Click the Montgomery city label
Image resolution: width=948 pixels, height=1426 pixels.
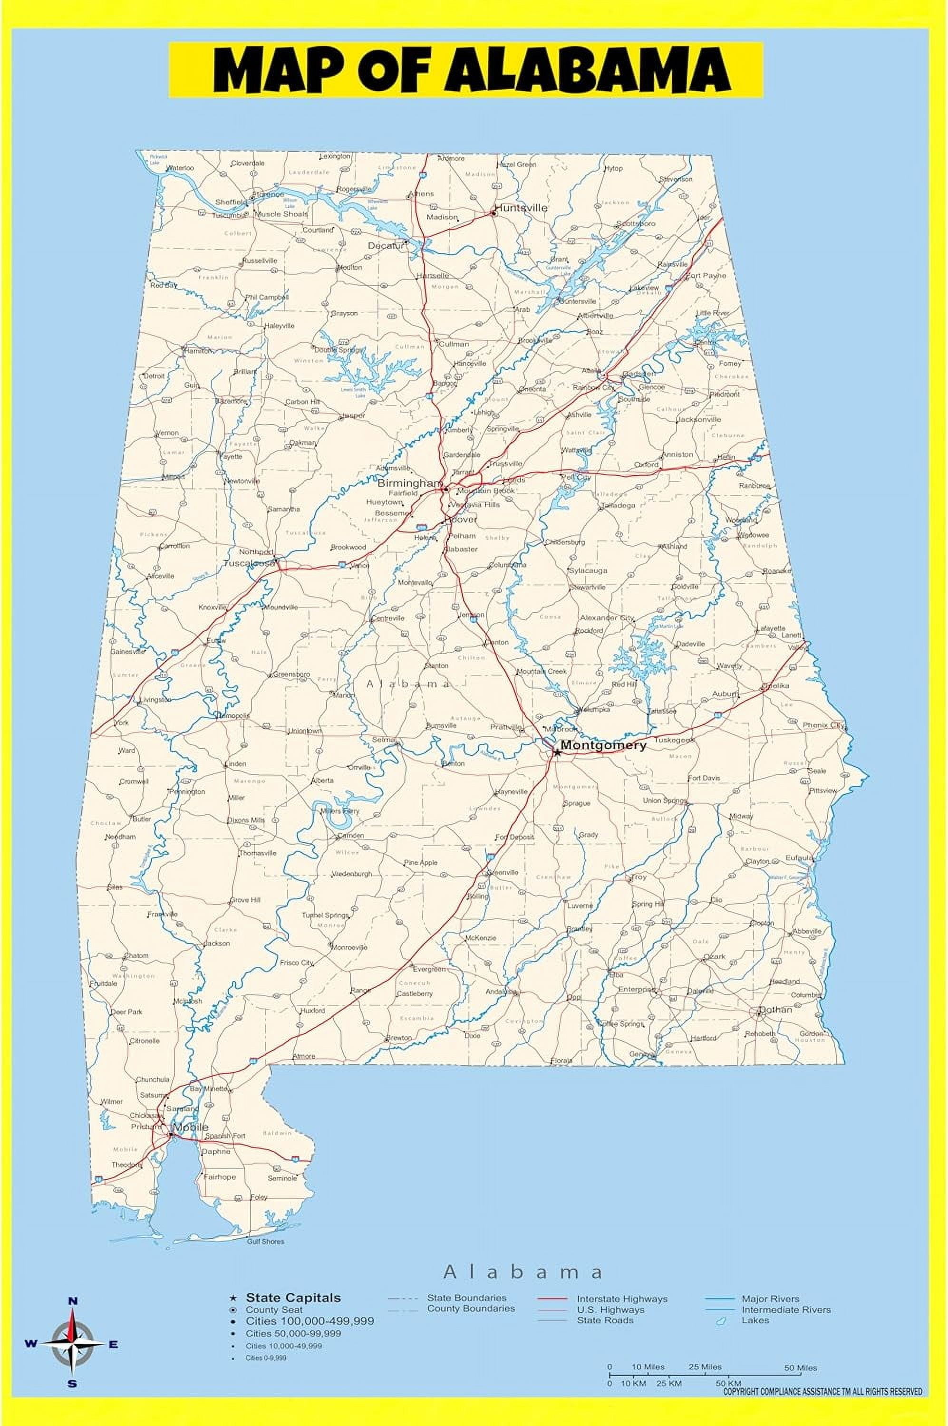[x=603, y=745]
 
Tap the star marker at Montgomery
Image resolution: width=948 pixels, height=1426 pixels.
[x=557, y=752]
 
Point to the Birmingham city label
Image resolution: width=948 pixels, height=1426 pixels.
[x=409, y=483]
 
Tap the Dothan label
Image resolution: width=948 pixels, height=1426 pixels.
[x=776, y=1010]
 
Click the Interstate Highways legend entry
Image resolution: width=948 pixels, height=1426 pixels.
[x=622, y=1299]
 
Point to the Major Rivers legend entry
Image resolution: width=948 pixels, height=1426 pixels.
[x=770, y=1299]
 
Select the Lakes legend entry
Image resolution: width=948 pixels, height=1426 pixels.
[x=755, y=1320]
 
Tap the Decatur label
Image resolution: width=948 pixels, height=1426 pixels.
[x=385, y=245]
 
